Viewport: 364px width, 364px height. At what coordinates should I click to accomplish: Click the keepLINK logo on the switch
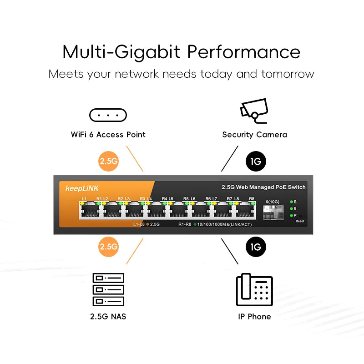pos(82,188)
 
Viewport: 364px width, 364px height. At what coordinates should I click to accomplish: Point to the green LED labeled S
pos(291,202)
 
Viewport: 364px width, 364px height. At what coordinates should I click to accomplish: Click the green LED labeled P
pos(291,215)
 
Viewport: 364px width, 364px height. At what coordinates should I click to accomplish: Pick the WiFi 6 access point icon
pos(108,116)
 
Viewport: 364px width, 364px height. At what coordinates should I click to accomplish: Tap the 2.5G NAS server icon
pos(108,289)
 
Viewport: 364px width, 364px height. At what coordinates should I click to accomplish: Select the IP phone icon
pos(254,290)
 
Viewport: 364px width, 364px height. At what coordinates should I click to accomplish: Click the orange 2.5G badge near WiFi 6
pos(108,161)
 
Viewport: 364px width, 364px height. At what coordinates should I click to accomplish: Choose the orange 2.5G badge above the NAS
pos(108,247)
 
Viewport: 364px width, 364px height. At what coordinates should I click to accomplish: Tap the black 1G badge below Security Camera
pos(255,161)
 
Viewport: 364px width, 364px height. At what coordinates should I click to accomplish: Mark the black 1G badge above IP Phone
pos(255,247)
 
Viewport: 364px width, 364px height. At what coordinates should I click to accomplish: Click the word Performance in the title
pos(243,52)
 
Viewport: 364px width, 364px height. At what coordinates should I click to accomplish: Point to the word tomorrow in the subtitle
pos(288,74)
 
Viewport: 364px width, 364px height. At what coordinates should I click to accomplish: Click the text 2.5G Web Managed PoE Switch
pos(263,187)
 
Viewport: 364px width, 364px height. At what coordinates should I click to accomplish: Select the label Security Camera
pos(254,135)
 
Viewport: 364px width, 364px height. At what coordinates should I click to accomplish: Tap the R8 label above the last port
pos(252,199)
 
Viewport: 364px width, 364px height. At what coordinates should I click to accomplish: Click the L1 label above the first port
pos(84,199)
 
